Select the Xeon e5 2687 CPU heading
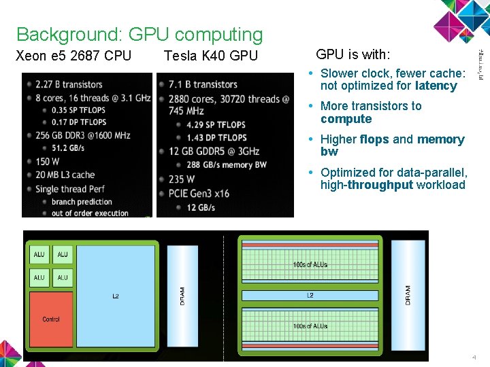tap(73, 56)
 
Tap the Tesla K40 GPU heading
tap(211, 56)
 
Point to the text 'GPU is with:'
tap(353, 54)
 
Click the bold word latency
tap(436, 86)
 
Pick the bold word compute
tap(346, 119)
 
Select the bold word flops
tap(374, 139)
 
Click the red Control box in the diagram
tap(51, 319)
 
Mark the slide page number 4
tap(474, 357)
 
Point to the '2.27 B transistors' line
tap(69, 85)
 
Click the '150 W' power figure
tap(48, 162)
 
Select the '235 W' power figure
tap(181, 179)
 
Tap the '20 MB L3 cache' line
tap(65, 175)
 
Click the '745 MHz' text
tap(186, 111)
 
